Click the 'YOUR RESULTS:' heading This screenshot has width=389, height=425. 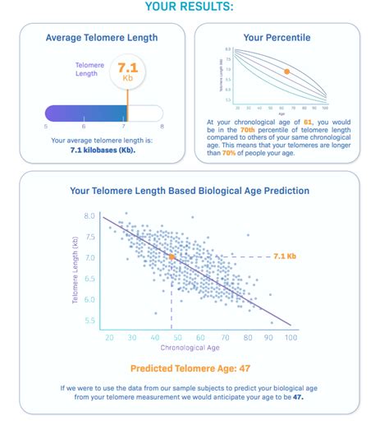click(189, 7)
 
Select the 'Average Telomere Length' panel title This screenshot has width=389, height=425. click(102, 37)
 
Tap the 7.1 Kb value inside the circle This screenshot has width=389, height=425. click(126, 69)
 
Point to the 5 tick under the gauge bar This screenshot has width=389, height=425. click(45, 126)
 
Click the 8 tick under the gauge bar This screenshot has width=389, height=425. click(162, 126)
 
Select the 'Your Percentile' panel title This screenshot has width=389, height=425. click(277, 37)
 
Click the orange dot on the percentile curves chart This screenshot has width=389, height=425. click(286, 72)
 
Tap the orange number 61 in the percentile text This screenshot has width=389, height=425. click(308, 122)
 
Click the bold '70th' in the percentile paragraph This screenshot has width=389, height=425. click(249, 130)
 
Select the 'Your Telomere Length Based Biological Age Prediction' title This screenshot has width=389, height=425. click(190, 190)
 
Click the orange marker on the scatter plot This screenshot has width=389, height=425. click(172, 257)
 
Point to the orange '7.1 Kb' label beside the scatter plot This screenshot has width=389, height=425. click(284, 256)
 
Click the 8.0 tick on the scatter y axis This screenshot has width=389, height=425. click(90, 216)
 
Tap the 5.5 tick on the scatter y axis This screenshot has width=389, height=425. click(90, 321)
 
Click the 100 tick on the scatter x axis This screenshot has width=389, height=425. click(290, 337)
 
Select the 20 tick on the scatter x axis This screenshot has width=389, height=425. click(109, 337)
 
